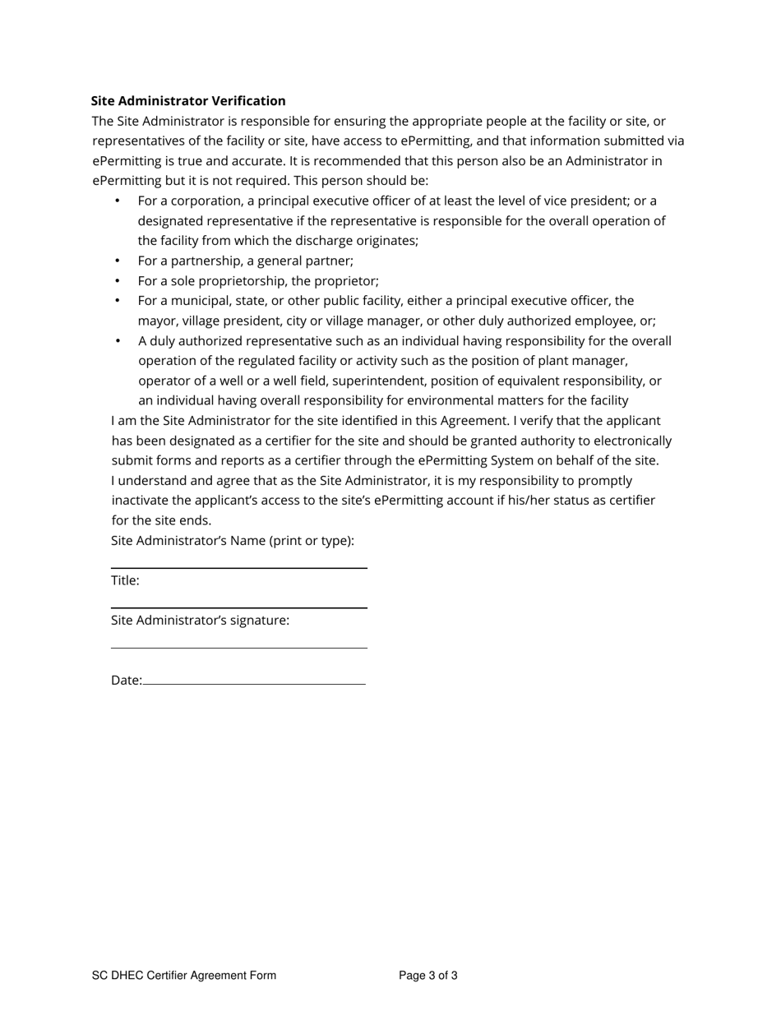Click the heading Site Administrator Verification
(188, 101)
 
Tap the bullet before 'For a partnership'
(118, 261)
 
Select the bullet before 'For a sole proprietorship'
(118, 280)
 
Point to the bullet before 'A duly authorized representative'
(118, 340)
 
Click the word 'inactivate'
(141, 501)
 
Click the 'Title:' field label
(125, 580)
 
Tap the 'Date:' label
(126, 681)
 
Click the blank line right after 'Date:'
(254, 684)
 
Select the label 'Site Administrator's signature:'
(200, 621)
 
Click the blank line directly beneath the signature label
(239, 648)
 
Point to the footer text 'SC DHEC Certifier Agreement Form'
(184, 976)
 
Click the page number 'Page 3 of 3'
(428, 976)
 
